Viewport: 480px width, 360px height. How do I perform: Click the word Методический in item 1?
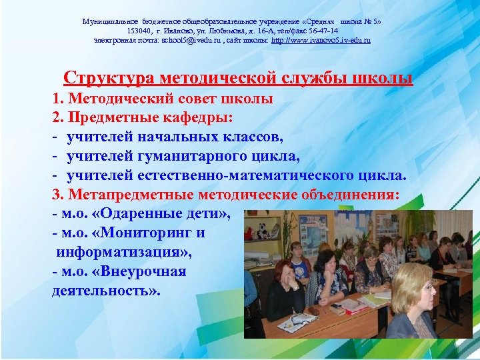click(118, 99)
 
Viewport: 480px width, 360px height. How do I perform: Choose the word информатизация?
click(121, 252)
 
